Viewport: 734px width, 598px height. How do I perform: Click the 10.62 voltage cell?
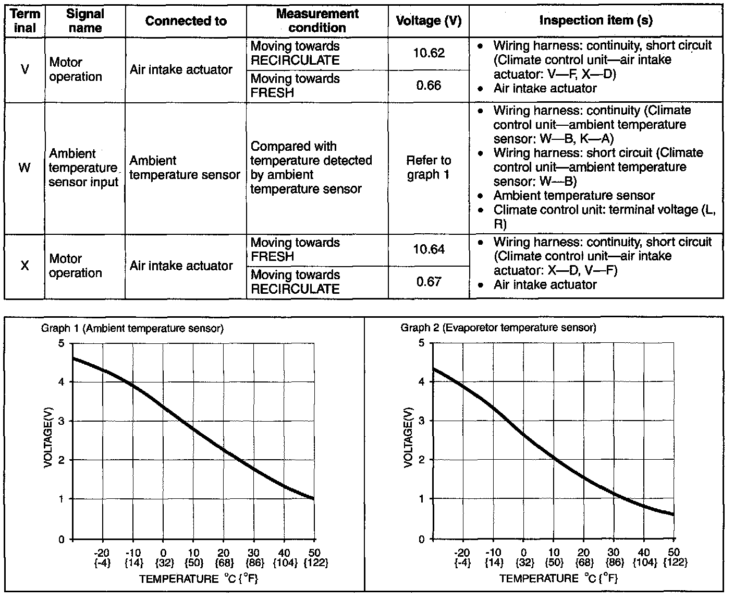pos(429,53)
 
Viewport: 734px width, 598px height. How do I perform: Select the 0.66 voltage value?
pos(429,86)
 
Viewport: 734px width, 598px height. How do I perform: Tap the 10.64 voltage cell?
pos(429,249)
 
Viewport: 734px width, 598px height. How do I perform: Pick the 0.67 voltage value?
pos(429,282)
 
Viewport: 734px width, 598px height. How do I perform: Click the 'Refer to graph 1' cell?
pos(429,168)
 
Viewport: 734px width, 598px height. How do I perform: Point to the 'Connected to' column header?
pos(186,21)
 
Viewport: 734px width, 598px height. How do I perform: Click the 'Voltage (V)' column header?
pos(429,21)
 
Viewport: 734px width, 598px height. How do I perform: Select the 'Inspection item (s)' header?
pos(596,20)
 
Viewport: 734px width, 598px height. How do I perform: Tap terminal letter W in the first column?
pos(25,168)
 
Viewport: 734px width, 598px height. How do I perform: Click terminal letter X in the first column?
pos(25,266)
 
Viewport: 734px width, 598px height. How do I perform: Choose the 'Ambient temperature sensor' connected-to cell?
pos(185,168)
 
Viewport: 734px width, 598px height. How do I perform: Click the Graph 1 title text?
pos(132,328)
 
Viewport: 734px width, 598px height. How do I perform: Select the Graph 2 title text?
pos(498,328)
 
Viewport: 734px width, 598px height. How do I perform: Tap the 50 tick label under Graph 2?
pos(673,553)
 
